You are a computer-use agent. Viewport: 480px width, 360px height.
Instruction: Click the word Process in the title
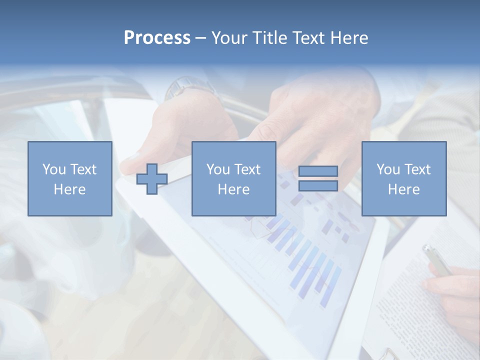[157, 38]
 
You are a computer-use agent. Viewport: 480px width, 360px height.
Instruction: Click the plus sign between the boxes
[152, 179]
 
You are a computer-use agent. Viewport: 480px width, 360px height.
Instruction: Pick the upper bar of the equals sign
[318, 171]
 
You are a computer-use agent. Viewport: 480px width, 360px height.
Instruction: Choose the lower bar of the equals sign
[318, 185]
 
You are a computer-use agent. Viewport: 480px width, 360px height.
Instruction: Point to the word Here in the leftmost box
[69, 189]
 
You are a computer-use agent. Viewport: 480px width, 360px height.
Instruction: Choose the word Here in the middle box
[233, 189]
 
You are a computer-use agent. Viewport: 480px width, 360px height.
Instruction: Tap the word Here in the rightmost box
[403, 189]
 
